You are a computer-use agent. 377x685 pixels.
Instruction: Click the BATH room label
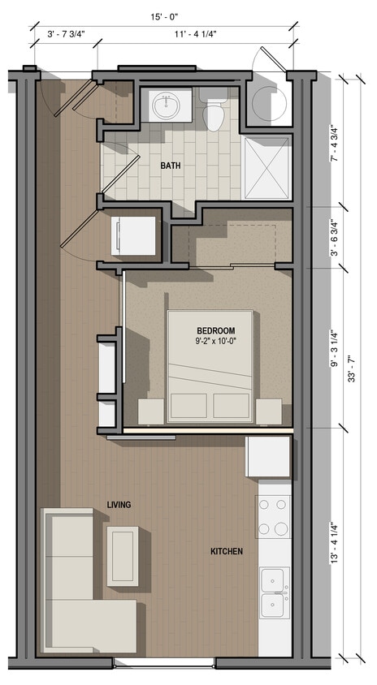(171, 166)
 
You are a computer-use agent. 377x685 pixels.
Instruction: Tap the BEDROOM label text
(215, 330)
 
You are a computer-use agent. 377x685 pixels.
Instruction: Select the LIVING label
(119, 505)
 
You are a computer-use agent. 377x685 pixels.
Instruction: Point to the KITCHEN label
(227, 551)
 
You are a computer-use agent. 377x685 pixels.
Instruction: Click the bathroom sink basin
(169, 105)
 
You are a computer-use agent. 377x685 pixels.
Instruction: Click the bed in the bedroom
(210, 367)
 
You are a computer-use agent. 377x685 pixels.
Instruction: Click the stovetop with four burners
(274, 517)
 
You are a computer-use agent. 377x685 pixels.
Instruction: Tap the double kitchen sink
(273, 593)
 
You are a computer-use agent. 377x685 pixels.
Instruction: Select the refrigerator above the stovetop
(268, 457)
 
